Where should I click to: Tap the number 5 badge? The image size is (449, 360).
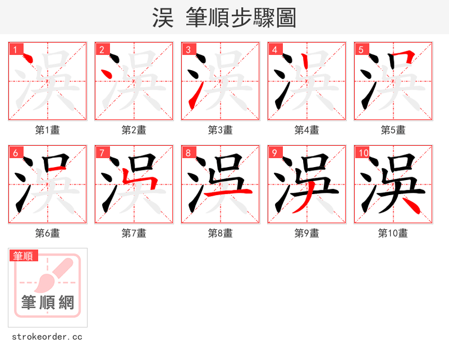361,50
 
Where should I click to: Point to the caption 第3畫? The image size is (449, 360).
221,130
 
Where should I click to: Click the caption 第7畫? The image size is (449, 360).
134,233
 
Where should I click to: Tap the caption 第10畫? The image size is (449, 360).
393,233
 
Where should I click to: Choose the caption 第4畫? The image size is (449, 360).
307,130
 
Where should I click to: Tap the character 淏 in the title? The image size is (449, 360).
163,18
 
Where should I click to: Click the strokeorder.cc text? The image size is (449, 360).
47,337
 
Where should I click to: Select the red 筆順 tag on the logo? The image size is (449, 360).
24,256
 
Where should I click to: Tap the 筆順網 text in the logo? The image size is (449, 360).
48,303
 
